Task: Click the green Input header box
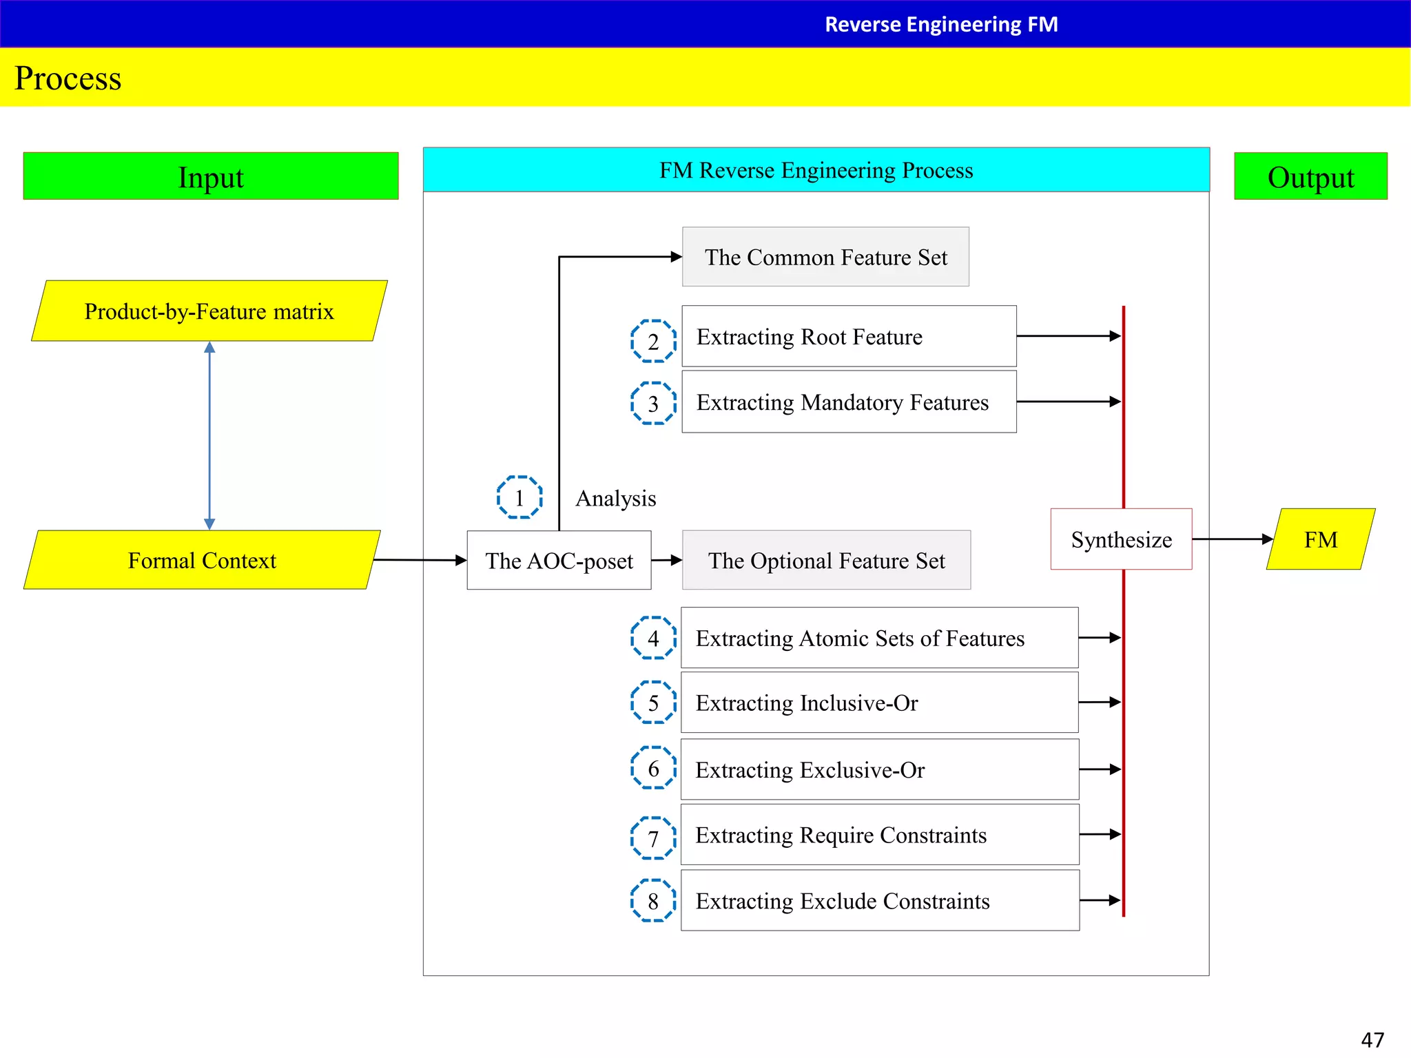[x=211, y=176]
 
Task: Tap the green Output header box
[x=1310, y=176]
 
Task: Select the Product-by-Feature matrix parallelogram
[x=209, y=311]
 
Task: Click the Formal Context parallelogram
[x=202, y=560]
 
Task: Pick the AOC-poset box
[x=559, y=560]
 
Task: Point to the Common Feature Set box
[x=825, y=257]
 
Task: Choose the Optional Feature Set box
[x=826, y=560]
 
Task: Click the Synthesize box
[x=1121, y=539]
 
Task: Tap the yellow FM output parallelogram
[x=1320, y=539]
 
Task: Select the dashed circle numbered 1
[x=519, y=497]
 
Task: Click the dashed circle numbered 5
[x=653, y=702]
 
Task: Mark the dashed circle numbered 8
[x=653, y=900]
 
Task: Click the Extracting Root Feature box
[x=849, y=336]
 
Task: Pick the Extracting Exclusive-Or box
[x=880, y=769]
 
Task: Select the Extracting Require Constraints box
[x=880, y=834]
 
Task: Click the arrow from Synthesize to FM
[x=1232, y=539]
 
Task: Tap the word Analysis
[x=615, y=498]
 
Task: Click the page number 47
[x=1372, y=1039]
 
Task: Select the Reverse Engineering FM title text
[x=941, y=24]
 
